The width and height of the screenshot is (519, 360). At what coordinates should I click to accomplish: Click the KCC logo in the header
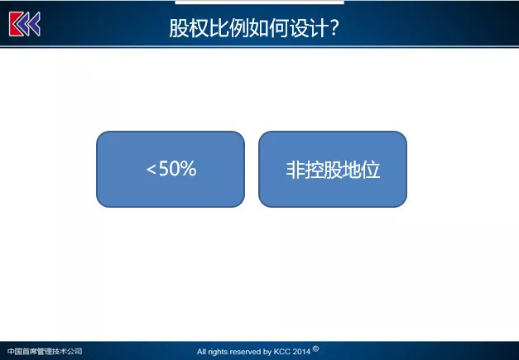[x=25, y=24]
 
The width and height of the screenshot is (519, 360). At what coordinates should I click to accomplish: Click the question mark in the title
[x=334, y=27]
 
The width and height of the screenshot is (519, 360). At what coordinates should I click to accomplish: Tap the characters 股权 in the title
[x=189, y=28]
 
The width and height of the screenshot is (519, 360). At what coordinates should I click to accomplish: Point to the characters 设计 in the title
[x=309, y=28]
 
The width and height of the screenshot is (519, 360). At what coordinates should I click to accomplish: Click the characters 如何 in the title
[x=269, y=28]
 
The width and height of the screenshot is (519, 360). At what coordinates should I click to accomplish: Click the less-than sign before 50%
[x=151, y=170]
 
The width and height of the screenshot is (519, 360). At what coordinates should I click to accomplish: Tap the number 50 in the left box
[x=169, y=168]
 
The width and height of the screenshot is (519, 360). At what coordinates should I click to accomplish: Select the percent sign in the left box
[x=189, y=168]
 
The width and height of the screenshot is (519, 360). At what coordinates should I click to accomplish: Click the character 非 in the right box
[x=296, y=170]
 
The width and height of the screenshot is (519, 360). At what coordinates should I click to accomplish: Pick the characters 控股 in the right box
[x=324, y=170]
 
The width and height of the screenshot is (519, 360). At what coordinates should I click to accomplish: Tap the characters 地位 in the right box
[x=361, y=170]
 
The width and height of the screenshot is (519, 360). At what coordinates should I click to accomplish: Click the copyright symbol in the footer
[x=315, y=348]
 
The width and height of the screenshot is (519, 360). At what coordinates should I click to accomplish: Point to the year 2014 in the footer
[x=301, y=352]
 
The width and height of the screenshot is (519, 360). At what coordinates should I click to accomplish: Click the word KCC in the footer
[x=282, y=352]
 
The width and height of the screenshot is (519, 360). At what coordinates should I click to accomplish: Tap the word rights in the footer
[x=219, y=352]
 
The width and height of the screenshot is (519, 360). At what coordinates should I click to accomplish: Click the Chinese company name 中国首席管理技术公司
[x=45, y=352]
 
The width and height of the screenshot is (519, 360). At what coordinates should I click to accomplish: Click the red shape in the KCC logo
[x=17, y=24]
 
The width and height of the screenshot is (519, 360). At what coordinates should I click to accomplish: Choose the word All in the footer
[x=202, y=352]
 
